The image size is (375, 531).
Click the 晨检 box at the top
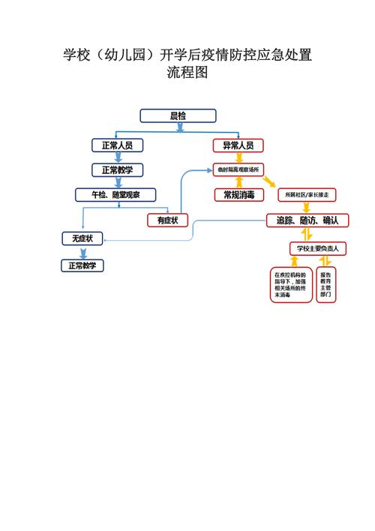[178, 115]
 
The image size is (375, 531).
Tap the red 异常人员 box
[238, 145]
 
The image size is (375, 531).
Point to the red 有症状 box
[167, 220]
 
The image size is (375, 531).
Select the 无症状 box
[82, 238]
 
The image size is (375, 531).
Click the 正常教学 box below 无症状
[82, 265]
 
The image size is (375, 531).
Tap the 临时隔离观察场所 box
[238, 169]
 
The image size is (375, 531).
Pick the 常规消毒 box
[238, 195]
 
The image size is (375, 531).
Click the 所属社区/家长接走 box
[307, 195]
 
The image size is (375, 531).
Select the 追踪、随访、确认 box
[307, 220]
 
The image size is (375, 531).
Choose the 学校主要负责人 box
[316, 247]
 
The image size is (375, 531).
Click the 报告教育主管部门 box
[326, 284]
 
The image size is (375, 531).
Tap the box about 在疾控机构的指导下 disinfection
[292, 284]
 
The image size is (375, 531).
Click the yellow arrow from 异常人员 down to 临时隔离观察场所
[238, 157]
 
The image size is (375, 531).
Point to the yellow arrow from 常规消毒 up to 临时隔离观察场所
[238, 182]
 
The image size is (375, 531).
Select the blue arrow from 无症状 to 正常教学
[82, 252]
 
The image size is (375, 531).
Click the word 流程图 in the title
[187, 73]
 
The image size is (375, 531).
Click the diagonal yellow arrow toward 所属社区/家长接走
[269, 183]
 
